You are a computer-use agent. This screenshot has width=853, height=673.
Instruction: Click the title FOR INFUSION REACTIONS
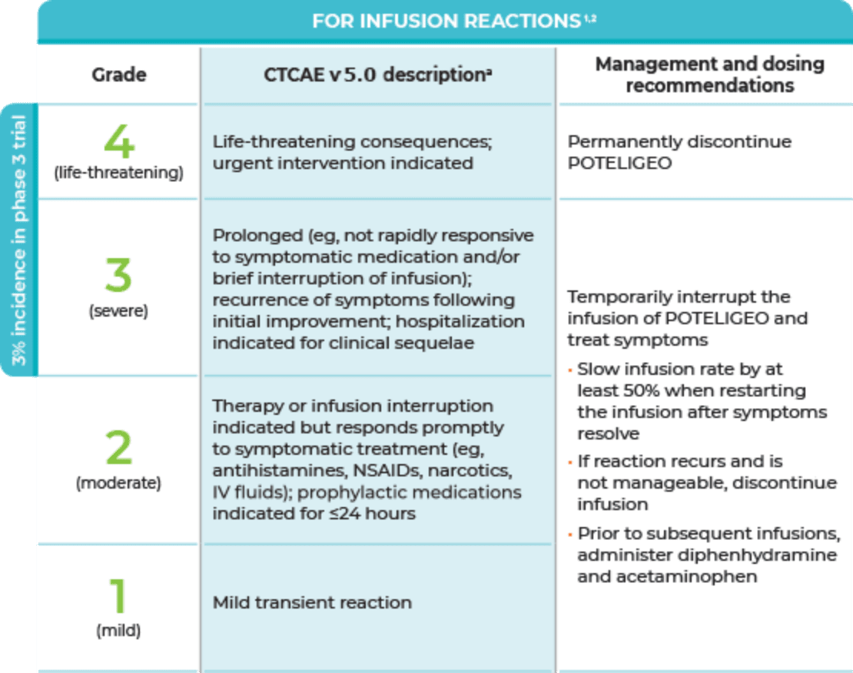coord(446,22)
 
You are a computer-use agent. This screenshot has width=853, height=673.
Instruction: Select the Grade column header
coord(119,75)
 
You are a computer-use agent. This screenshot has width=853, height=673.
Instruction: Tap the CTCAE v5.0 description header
coord(378,75)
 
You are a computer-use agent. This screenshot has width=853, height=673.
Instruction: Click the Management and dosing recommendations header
coord(709,75)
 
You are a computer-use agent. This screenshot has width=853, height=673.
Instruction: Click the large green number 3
coord(118,275)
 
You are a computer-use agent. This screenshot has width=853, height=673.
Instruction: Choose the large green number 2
coord(118,447)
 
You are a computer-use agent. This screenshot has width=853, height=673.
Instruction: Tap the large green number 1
coord(118,595)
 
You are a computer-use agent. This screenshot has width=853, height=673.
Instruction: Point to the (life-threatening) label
coord(119,173)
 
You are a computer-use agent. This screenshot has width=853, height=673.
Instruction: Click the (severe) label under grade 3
coord(118,311)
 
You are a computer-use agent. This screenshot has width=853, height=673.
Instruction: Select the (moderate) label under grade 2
coord(118,483)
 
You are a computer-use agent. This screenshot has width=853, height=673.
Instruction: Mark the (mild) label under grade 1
coord(118,632)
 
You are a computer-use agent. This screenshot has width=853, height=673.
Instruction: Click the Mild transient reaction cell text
coord(312,602)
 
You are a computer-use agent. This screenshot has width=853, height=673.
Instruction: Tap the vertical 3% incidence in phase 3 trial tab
coord(18,240)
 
